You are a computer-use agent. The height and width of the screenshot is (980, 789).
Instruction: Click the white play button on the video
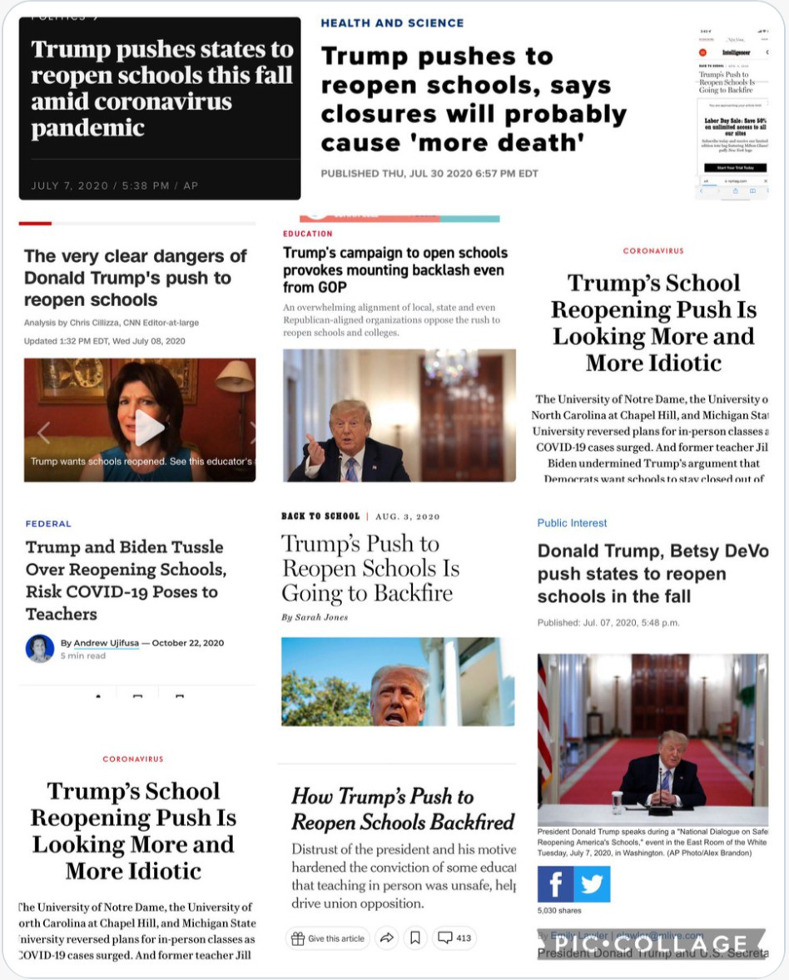[x=149, y=428]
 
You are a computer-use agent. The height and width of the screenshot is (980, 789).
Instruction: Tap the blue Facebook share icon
[x=555, y=883]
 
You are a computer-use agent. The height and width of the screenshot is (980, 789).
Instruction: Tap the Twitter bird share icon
[x=593, y=883]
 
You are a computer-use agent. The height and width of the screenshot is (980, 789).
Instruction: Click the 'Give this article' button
[x=327, y=938]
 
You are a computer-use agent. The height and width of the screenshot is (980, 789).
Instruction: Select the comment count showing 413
[x=454, y=938]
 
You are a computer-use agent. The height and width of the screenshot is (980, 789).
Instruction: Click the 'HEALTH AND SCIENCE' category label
[x=392, y=23]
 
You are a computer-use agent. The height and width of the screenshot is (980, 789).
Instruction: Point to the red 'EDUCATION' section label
[x=307, y=234]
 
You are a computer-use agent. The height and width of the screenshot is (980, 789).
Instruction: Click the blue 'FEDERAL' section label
[x=48, y=524]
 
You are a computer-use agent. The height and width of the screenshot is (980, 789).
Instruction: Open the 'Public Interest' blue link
[x=572, y=523]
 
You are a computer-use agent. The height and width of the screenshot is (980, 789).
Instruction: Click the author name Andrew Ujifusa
[x=107, y=643]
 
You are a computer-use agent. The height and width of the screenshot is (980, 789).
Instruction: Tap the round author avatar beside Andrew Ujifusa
[x=40, y=648]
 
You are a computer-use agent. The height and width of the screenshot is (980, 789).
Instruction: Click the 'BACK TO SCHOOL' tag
[x=320, y=517]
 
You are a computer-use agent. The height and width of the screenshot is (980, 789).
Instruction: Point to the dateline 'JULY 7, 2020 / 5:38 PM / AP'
[x=115, y=186]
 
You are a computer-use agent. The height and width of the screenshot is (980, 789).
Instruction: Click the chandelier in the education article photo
[x=450, y=367]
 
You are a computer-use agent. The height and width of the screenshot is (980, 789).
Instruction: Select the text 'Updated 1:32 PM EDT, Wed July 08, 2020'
[x=105, y=341]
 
